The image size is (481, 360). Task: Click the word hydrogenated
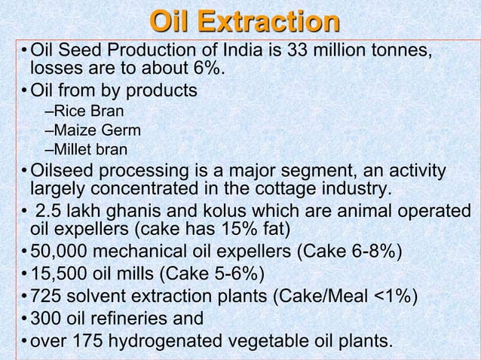pyautogui.click(x=173, y=341)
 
